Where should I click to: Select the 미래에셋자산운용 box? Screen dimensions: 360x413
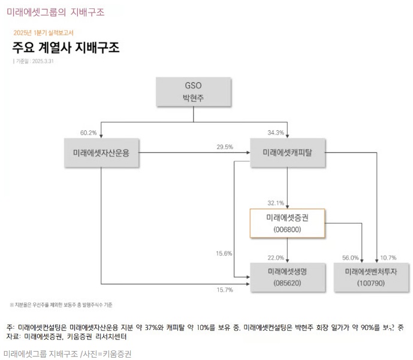click(x=102, y=152)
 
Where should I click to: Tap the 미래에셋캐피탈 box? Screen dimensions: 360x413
click(x=287, y=152)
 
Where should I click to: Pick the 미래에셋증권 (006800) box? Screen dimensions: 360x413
click(x=287, y=223)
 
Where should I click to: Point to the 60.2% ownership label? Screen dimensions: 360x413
click(x=88, y=132)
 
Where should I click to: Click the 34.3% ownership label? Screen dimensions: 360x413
click(x=276, y=132)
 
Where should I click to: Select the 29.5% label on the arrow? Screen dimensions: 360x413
click(x=207, y=146)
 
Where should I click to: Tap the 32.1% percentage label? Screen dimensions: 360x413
click(x=276, y=202)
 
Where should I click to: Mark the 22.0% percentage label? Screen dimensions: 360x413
click(x=276, y=257)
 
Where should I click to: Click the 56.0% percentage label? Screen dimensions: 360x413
click(x=351, y=257)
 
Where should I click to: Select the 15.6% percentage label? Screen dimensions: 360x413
click(x=224, y=253)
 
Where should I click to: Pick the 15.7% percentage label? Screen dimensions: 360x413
click(x=224, y=289)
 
